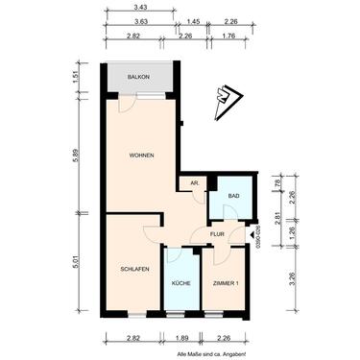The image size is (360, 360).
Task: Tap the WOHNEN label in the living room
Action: [x=142, y=156]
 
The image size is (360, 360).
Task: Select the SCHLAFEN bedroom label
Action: [x=133, y=270]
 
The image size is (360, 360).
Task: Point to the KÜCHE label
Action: [x=180, y=284]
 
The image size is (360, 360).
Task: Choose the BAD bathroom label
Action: [x=232, y=199]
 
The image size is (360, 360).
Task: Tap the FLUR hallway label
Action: [x=219, y=233]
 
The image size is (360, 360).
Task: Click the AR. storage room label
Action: [x=195, y=182]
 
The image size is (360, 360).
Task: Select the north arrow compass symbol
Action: [x=228, y=93]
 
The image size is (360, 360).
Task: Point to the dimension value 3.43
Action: [x=140, y=7]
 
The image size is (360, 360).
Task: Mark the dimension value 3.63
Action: [x=140, y=20]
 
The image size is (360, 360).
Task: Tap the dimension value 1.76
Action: [x=230, y=36]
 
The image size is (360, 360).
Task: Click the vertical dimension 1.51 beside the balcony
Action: [x=83, y=78]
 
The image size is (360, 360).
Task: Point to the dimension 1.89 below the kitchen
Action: [x=182, y=338]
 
